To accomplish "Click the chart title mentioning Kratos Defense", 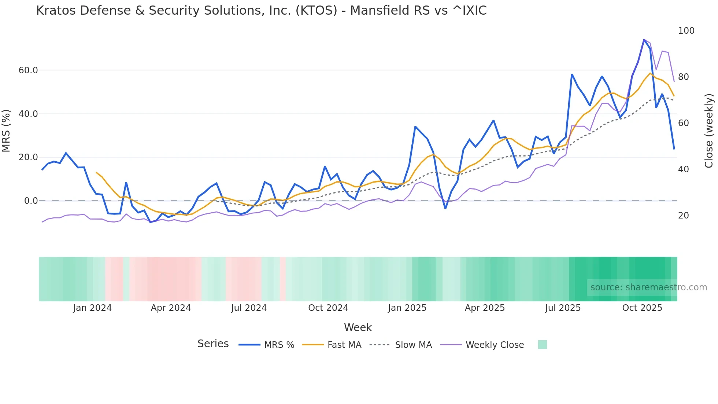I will (261, 11).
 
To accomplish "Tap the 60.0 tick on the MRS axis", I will (28, 70).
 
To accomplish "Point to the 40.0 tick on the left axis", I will (28, 114).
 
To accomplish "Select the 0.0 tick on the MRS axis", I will (31, 201).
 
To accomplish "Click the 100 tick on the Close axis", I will (686, 31).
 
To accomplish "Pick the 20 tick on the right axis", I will (684, 216).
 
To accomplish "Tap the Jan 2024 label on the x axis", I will (92, 308).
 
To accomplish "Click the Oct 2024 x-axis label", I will (328, 308).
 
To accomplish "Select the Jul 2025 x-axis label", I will (563, 308).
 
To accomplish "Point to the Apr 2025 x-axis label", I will (485, 308).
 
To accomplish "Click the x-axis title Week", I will (358, 327).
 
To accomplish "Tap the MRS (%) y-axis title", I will (6, 131).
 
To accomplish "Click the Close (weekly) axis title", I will (709, 131).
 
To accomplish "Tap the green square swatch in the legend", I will (542, 345).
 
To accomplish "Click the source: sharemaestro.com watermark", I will (648, 287).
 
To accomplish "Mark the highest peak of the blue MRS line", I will (644, 40).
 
